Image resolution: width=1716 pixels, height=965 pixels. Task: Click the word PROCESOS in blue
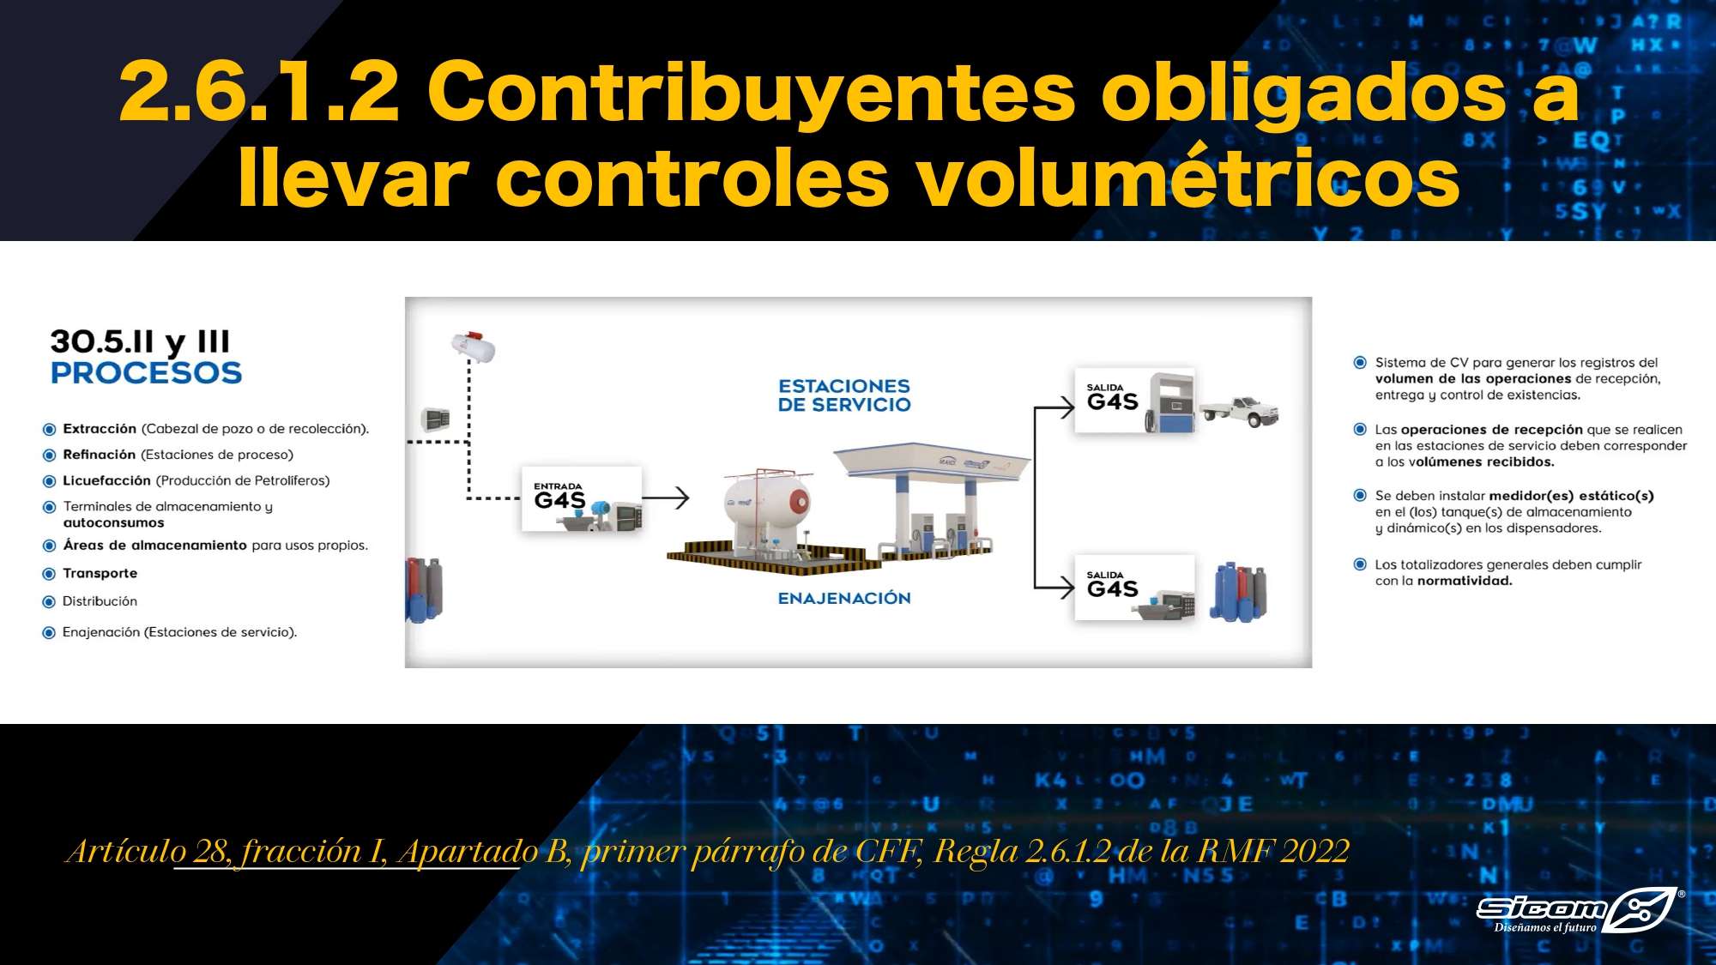pos(146,373)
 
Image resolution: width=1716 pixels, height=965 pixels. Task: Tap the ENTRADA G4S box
pos(582,498)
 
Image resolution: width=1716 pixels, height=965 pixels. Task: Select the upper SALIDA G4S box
pos(1134,401)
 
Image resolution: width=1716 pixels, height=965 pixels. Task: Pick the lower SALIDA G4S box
pos(1134,588)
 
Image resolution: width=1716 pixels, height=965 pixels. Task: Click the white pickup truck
pos(1240,411)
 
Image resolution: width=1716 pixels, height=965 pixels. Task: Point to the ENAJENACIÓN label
pos(844,598)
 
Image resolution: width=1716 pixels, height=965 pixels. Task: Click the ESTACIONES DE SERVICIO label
pos(844,395)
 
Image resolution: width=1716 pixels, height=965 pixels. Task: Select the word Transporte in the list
pos(100,573)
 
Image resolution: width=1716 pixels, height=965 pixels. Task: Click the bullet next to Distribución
pos(49,601)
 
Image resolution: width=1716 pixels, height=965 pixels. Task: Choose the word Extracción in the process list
pos(100,429)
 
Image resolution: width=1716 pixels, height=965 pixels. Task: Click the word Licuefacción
pos(106,480)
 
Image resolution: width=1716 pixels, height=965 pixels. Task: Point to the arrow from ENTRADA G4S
pos(666,498)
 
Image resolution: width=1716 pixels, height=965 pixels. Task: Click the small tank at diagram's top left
pos(474,346)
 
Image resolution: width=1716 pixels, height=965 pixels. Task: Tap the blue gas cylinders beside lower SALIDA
pos(1238,591)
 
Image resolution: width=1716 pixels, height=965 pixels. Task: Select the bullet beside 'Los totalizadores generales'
pos(1360,564)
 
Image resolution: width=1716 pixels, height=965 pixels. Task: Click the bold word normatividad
pos(1465,581)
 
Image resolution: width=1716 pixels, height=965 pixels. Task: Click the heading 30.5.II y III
pos(140,342)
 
